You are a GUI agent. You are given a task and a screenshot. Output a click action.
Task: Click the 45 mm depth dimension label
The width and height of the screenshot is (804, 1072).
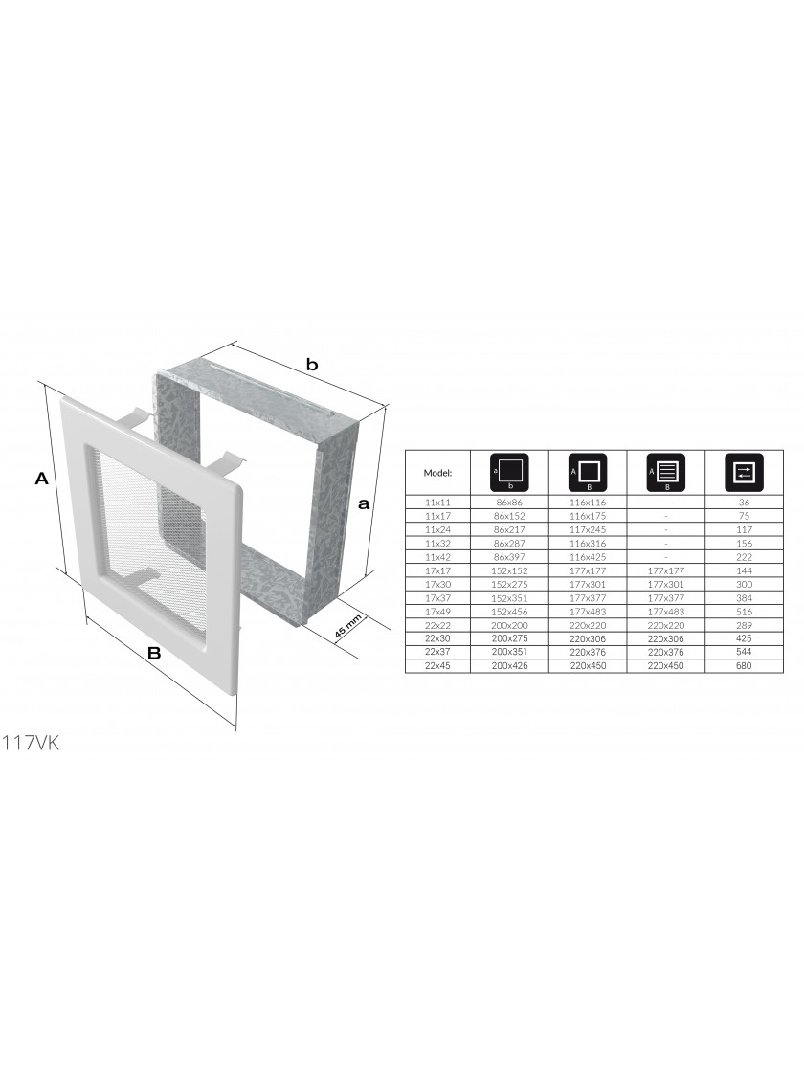click(347, 628)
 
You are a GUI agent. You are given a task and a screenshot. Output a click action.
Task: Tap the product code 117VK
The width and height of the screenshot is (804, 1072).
click(30, 743)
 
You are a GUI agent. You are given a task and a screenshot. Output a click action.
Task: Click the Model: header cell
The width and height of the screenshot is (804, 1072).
click(437, 473)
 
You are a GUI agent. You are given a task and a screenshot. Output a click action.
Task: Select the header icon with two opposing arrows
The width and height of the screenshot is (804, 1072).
click(744, 471)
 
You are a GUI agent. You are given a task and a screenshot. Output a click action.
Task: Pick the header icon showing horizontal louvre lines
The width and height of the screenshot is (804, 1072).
click(666, 471)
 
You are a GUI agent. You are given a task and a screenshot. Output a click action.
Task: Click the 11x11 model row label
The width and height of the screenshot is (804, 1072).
click(437, 502)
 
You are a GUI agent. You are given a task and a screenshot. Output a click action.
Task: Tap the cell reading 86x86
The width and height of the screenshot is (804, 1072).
click(508, 502)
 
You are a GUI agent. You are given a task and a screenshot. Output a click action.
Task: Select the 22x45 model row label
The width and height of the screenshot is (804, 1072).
click(437, 666)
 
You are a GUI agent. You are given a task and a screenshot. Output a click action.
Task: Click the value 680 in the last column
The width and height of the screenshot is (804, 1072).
click(744, 666)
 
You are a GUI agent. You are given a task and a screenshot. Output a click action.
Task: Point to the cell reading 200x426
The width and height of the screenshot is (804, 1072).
click(509, 666)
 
